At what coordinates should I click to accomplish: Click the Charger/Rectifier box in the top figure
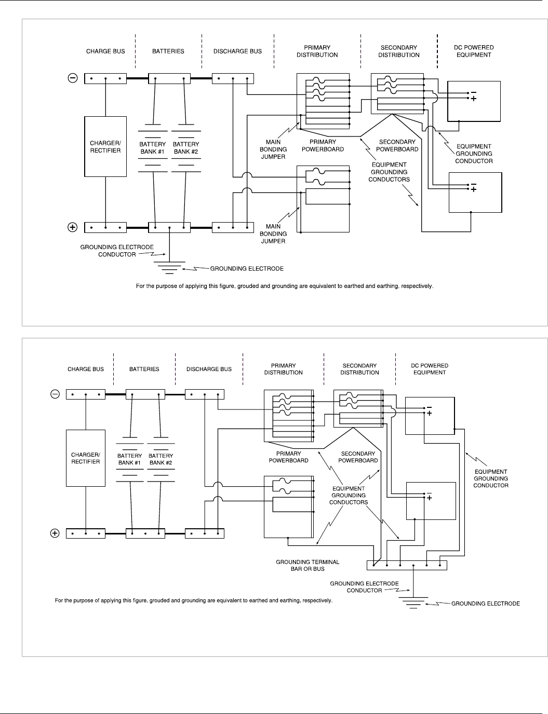pyautogui.click(x=105, y=147)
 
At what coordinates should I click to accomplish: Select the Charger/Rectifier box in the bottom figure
pyautogui.click(x=86, y=458)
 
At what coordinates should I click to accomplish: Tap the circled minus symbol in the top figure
pyautogui.click(x=73, y=78)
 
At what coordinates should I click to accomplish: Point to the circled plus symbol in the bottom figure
pyautogui.click(x=55, y=533)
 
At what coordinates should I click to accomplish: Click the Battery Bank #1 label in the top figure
pyautogui.click(x=153, y=148)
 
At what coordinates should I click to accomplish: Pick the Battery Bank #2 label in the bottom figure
pyautogui.click(x=161, y=459)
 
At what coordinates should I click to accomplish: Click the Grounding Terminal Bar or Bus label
pyautogui.click(x=308, y=565)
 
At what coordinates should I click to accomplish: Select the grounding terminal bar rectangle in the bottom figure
pyautogui.click(x=407, y=565)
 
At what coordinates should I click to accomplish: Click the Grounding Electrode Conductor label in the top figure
pyautogui.click(x=117, y=251)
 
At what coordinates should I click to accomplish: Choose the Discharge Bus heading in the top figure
pyautogui.click(x=237, y=51)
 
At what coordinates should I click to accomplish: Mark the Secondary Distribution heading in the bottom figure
pyautogui.click(x=359, y=369)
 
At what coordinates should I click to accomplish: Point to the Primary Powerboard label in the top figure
pyautogui.click(x=323, y=145)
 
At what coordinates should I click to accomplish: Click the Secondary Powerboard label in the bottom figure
pyautogui.click(x=358, y=457)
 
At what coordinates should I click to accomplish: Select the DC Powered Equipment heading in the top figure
pyautogui.click(x=474, y=51)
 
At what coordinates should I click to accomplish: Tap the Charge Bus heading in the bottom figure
pyautogui.click(x=86, y=369)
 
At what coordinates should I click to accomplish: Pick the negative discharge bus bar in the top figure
pyautogui.click(x=233, y=79)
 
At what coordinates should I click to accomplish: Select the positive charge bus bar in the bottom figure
pyautogui.click(x=86, y=533)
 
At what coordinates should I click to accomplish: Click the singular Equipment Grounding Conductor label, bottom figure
pyautogui.click(x=491, y=478)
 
